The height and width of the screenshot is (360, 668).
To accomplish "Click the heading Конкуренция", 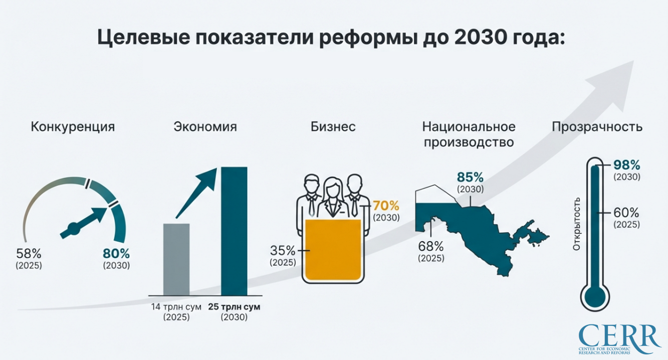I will click(x=73, y=127).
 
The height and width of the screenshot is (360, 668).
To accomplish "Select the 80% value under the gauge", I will click(x=116, y=254).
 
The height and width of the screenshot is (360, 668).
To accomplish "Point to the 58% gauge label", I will click(x=29, y=254).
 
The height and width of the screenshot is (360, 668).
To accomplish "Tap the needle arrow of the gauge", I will click(x=85, y=220).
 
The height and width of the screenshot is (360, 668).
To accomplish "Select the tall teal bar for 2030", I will click(x=235, y=231).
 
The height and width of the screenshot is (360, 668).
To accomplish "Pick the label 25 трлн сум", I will click(x=235, y=306).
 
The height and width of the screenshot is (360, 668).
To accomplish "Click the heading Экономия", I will click(x=205, y=127).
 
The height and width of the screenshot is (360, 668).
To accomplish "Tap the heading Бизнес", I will click(x=333, y=127).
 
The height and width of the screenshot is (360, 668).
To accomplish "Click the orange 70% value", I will click(x=386, y=206).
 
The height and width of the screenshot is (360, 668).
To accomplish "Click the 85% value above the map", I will click(x=470, y=177).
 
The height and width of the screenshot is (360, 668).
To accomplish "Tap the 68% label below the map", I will click(x=431, y=246).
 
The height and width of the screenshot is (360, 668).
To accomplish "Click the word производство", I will click(x=469, y=142).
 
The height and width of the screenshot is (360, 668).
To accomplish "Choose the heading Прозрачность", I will click(x=597, y=127).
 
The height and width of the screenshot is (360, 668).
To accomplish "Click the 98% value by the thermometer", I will click(x=627, y=165).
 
